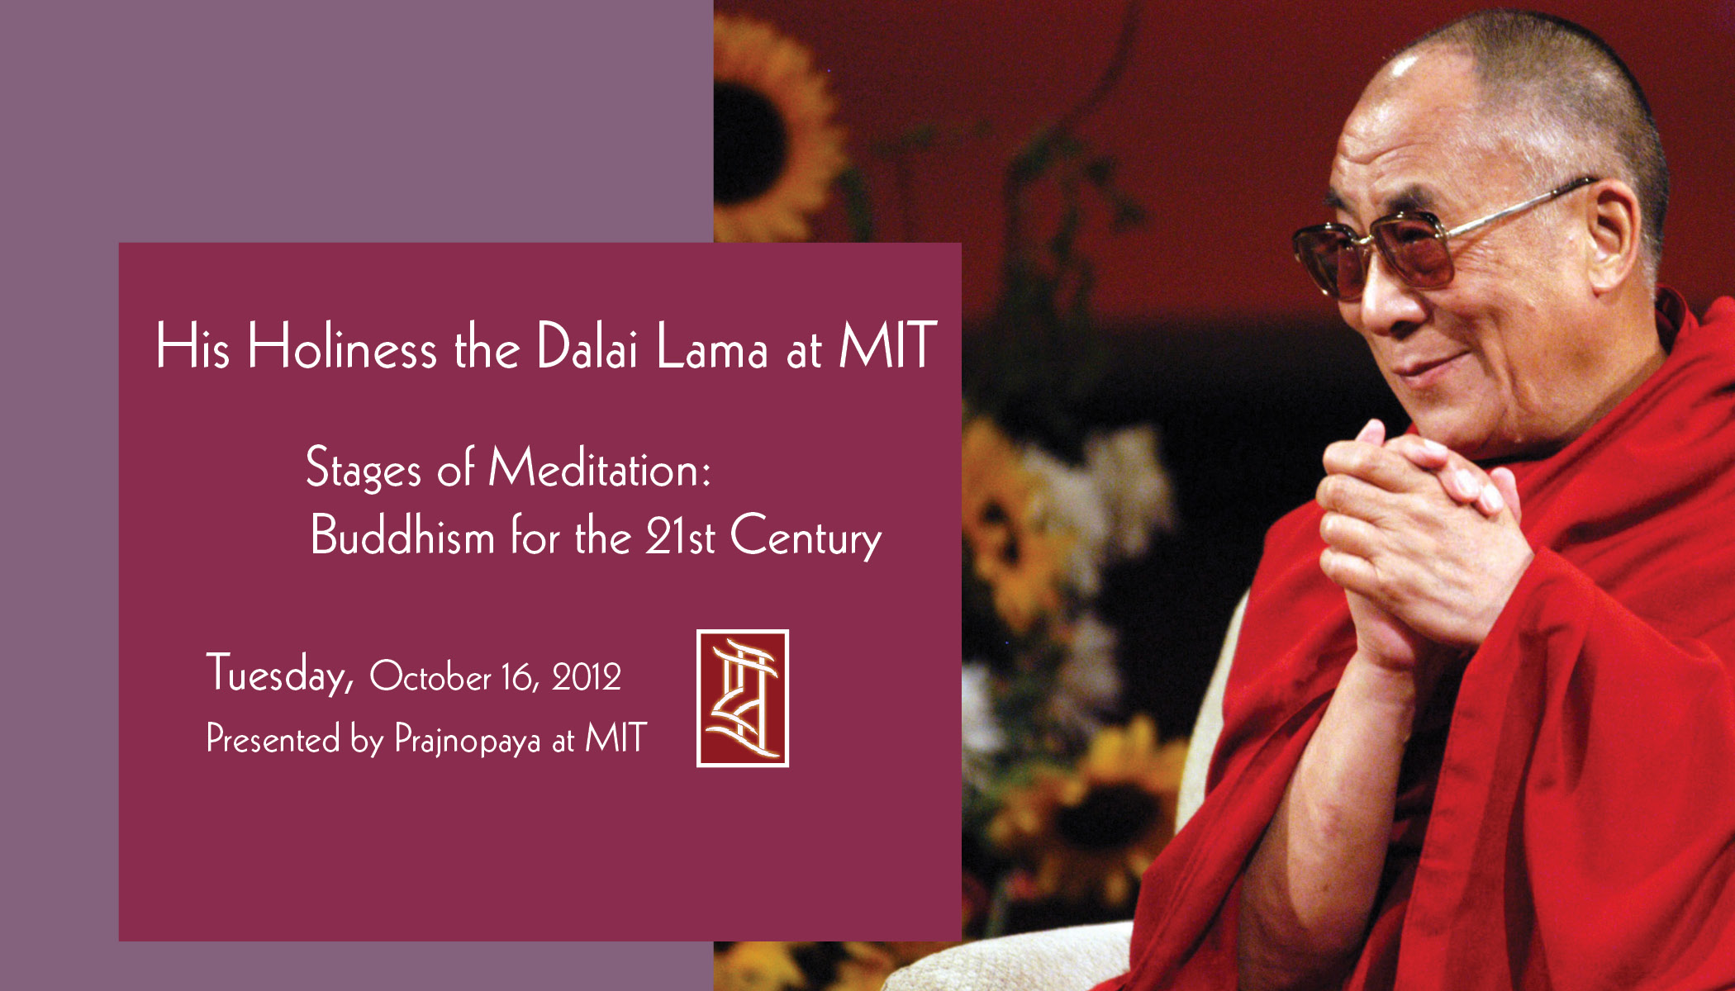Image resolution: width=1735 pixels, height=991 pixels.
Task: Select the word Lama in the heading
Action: (x=712, y=347)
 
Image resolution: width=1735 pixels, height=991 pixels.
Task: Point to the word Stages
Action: (x=364, y=469)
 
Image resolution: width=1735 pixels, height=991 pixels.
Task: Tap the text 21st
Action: (x=680, y=535)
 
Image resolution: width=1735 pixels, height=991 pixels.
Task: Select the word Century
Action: (x=806, y=537)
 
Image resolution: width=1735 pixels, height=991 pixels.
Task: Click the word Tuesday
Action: (x=280, y=674)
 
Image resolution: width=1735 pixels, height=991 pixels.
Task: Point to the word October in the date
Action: (x=430, y=676)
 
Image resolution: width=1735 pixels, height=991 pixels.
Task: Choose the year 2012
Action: (x=587, y=677)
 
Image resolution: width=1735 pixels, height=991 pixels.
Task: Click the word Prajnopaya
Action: (x=468, y=739)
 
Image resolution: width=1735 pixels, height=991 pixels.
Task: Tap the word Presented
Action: (x=273, y=737)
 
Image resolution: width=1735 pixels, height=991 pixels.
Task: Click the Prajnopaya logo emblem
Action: (x=742, y=699)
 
